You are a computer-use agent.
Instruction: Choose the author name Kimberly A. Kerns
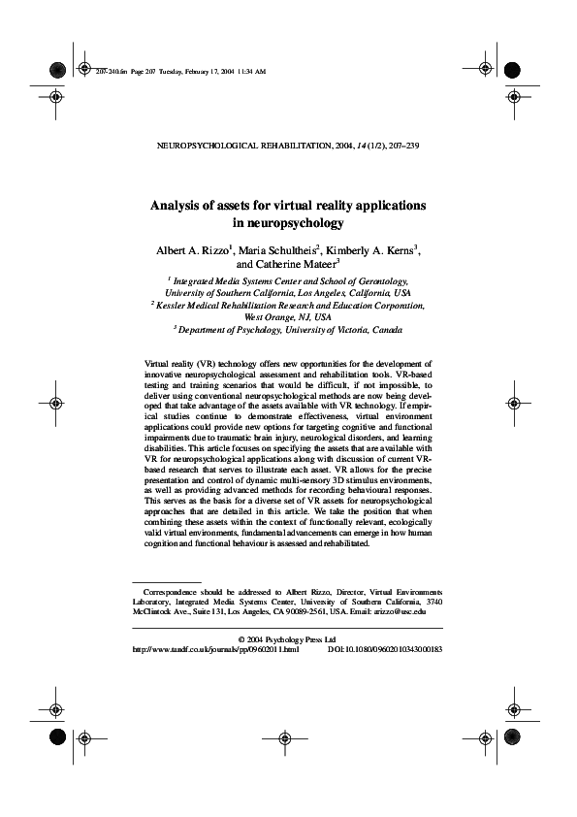click(372, 250)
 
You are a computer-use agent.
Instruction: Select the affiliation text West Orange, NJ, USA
click(288, 316)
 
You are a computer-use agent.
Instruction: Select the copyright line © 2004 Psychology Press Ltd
click(287, 638)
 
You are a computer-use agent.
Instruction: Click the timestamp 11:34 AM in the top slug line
click(250, 72)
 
